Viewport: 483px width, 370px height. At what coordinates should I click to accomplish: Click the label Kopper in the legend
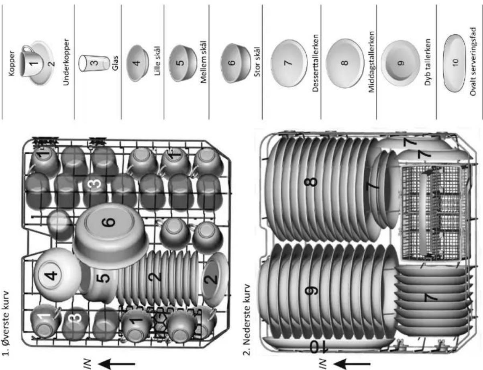click(x=12, y=64)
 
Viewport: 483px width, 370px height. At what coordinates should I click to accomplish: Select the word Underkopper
click(x=66, y=62)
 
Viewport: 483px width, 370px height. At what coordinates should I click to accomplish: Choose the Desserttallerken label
click(x=315, y=63)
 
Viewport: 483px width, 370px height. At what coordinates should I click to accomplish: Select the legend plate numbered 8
click(x=345, y=63)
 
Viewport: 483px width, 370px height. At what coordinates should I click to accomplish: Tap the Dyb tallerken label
click(x=427, y=62)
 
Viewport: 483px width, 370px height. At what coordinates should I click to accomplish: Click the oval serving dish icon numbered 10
click(x=454, y=63)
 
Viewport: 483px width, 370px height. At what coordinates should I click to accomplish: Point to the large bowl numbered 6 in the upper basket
click(x=110, y=236)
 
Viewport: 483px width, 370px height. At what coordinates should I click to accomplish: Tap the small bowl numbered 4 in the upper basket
click(x=57, y=275)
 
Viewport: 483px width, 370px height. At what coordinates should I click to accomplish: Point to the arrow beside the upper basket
click(x=116, y=364)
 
